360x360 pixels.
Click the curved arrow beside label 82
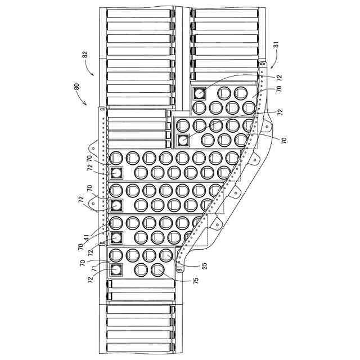(x=90, y=68)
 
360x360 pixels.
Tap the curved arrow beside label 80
(x=82, y=100)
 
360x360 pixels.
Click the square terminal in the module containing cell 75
(x=116, y=270)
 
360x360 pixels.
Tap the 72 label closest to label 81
(x=279, y=76)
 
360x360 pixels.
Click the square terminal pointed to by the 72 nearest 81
(x=199, y=93)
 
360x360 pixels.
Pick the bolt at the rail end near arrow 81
(x=262, y=66)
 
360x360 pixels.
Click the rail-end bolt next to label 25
(x=179, y=271)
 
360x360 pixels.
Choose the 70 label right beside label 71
(x=82, y=262)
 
